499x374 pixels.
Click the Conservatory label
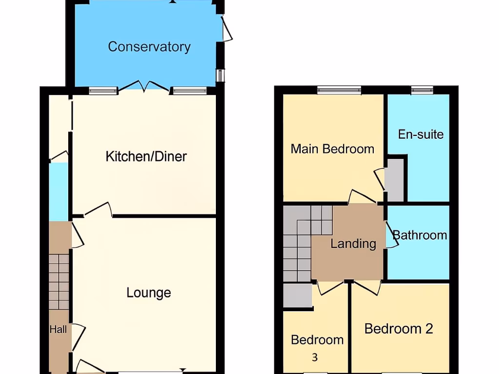tap(149, 47)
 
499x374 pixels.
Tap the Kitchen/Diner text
tap(146, 156)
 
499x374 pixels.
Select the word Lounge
tap(149, 293)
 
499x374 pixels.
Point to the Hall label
tap(58, 330)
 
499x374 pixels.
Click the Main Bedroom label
tap(332, 149)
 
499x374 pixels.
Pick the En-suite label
tap(421, 134)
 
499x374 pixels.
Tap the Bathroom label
tap(420, 235)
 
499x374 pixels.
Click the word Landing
tap(353, 243)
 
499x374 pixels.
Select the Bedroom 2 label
tap(399, 329)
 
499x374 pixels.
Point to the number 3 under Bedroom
tap(315, 357)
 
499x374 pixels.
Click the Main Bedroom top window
tap(339, 90)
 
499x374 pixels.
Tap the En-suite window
tap(422, 90)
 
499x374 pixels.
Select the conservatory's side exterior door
tap(227, 29)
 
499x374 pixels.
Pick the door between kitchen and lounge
tap(98, 210)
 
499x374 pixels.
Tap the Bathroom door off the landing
tap(391, 236)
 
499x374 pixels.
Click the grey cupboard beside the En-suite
tap(395, 180)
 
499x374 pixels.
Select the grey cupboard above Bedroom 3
tap(297, 295)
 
